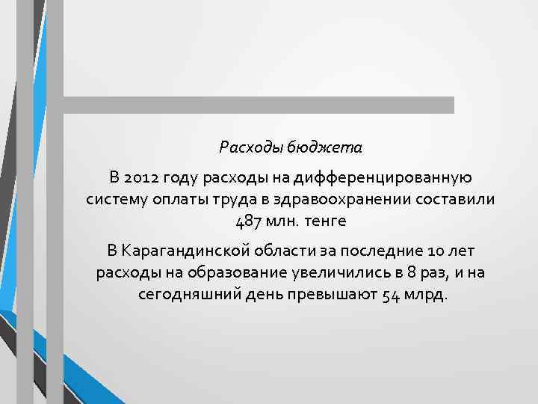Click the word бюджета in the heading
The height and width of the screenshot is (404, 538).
tap(328, 148)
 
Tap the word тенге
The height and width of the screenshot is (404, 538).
tap(321, 222)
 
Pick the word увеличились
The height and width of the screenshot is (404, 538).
tap(326, 272)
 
